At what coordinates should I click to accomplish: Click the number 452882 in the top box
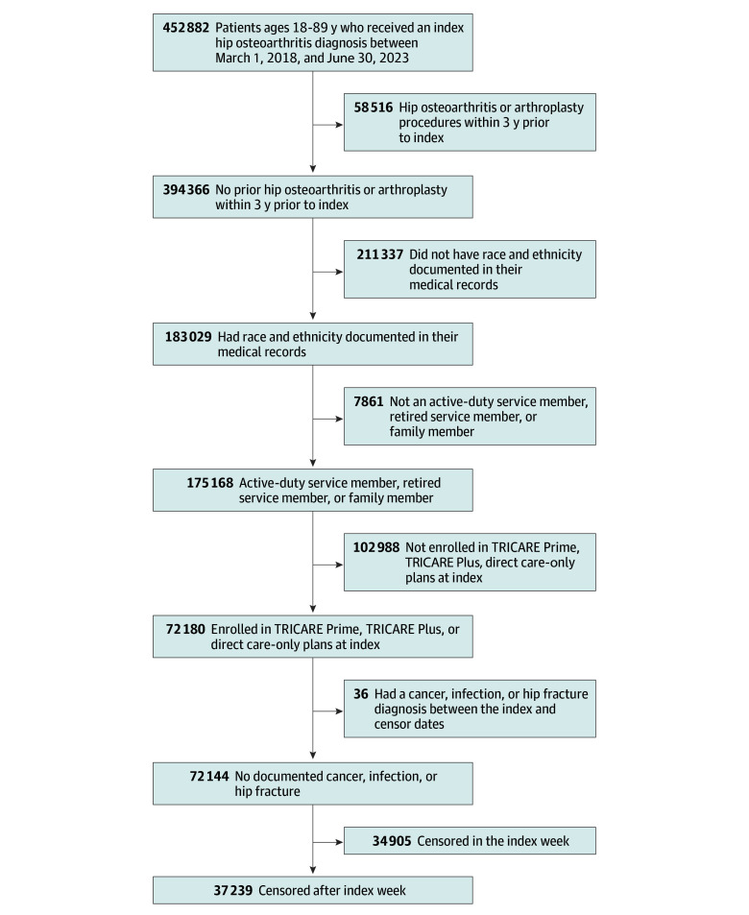pyautogui.click(x=185, y=28)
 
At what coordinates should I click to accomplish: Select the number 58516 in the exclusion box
pyautogui.click(x=373, y=108)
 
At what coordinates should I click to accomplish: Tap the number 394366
pyautogui.click(x=185, y=190)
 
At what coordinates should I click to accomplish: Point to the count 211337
pyautogui.click(x=379, y=254)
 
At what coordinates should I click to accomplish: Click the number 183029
pyautogui.click(x=188, y=337)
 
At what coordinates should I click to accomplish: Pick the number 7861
pyautogui.click(x=369, y=401)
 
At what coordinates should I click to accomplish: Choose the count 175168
pyautogui.click(x=209, y=483)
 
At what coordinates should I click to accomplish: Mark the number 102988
pyautogui.click(x=376, y=547)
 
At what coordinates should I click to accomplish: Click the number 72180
pyautogui.click(x=185, y=629)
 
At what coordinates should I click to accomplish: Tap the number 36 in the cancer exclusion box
pyautogui.click(x=361, y=694)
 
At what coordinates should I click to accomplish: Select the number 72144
pyautogui.click(x=209, y=776)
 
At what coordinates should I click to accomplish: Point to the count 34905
pyautogui.click(x=392, y=841)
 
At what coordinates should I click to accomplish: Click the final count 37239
pyautogui.click(x=233, y=890)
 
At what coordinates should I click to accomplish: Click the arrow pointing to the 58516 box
pyautogui.click(x=328, y=124)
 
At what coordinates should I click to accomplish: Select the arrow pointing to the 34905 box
pyautogui.click(x=328, y=842)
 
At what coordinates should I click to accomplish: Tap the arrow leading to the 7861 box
pyautogui.click(x=328, y=419)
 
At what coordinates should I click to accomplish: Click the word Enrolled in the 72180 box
pyautogui.click(x=233, y=629)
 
